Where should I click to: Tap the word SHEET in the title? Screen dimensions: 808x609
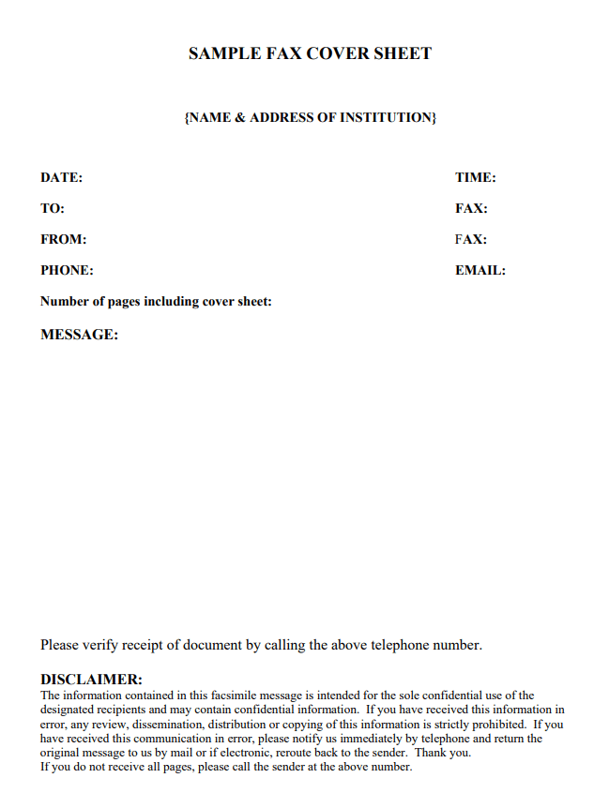pos(403,54)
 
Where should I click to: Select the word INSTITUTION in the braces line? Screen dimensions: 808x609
pos(388,118)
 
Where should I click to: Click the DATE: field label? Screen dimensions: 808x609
pos(62,177)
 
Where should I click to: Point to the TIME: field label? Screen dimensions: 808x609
pos(476,177)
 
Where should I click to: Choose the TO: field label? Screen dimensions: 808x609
pos(53,208)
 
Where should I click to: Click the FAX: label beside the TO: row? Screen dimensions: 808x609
pos(471,208)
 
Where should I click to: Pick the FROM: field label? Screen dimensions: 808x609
pos(64,239)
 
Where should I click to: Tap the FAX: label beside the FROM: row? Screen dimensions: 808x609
pos(471,239)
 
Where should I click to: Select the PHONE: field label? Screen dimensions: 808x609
pos(67,270)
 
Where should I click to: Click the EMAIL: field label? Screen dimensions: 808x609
pos(480,270)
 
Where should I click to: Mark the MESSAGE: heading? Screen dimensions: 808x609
pos(80,335)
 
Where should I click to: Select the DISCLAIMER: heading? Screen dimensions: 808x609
pos(91,680)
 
